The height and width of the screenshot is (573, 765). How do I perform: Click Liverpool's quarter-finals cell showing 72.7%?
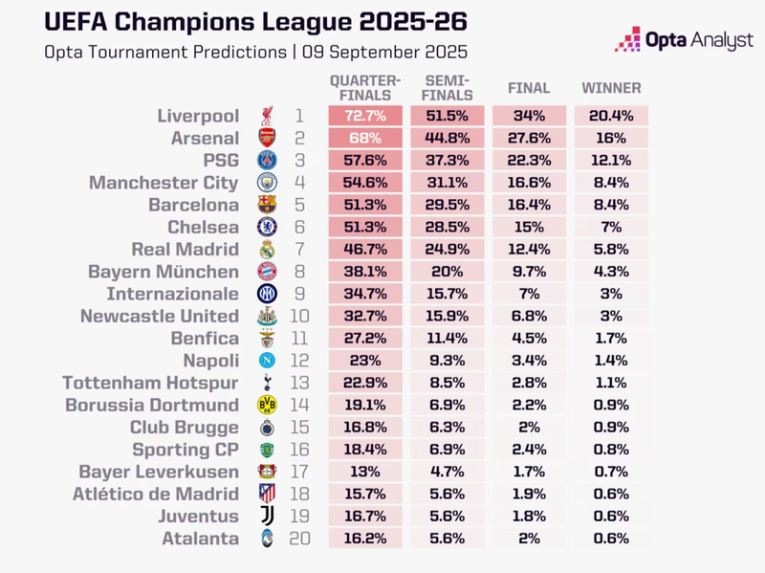pos(365,116)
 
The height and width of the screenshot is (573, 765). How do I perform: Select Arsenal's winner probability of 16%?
pos(611,138)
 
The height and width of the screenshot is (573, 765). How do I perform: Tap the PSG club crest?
pos(267,161)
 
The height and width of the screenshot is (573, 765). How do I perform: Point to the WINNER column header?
pos(611,88)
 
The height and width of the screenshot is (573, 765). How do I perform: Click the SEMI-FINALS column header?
pos(447,88)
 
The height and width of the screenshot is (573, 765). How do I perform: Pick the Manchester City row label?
pos(164,183)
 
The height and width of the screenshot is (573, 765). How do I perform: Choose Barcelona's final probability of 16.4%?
pos(529,205)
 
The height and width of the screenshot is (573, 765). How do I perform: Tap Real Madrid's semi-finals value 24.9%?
pos(447,250)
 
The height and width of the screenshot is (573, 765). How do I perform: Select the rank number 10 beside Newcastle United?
pos(300,316)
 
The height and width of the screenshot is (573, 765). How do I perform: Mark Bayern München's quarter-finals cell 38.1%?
pos(365,272)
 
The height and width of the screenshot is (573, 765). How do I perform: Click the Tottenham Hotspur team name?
pos(150,383)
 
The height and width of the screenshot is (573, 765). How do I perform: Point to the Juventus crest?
pos(267,517)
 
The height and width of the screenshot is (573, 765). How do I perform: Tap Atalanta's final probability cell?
pos(529,539)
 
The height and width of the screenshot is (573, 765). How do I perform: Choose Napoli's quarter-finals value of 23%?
pos(365,361)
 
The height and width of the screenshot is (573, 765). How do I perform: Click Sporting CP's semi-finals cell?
pos(447,450)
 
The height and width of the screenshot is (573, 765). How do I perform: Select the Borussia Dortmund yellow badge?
pos(267,405)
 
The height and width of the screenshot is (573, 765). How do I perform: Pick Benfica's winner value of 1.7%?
pos(611,339)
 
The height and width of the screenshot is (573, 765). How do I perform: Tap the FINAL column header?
pos(529,88)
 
